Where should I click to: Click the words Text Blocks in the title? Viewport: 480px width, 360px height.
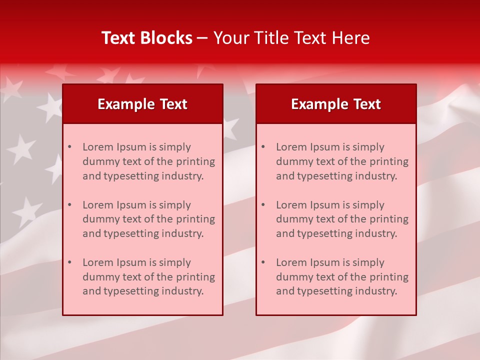coord(147,38)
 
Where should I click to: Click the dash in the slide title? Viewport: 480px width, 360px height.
coord(202,38)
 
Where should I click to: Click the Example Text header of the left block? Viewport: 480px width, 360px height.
coord(142,104)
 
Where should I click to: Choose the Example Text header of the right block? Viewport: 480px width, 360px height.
coord(336,104)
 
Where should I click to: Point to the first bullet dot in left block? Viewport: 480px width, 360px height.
coord(69,147)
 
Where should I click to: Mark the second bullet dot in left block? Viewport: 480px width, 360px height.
coord(69,205)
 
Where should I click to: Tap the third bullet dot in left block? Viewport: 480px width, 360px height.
coord(69,262)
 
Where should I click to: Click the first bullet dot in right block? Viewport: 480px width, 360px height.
coord(263,147)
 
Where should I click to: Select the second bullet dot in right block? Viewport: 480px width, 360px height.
coord(263,205)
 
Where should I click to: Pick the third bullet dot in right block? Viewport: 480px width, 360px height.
coord(263,262)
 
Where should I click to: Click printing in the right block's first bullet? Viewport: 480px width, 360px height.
coord(389,161)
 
